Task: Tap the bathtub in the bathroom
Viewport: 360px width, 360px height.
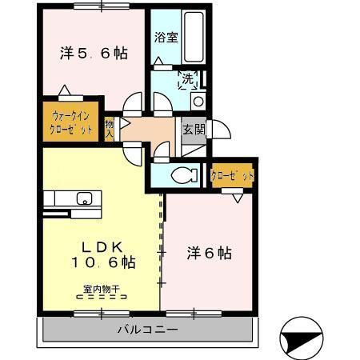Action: coord(194,39)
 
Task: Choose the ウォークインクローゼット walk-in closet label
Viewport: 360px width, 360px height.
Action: coord(72,121)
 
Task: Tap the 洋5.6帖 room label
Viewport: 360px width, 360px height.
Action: coord(94,54)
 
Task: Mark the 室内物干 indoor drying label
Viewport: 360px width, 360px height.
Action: coord(100,290)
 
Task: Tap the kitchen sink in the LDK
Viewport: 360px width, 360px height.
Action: coord(82,198)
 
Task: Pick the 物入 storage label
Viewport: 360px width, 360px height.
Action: coord(109,129)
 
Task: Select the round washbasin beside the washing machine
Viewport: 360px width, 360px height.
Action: coord(198,100)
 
